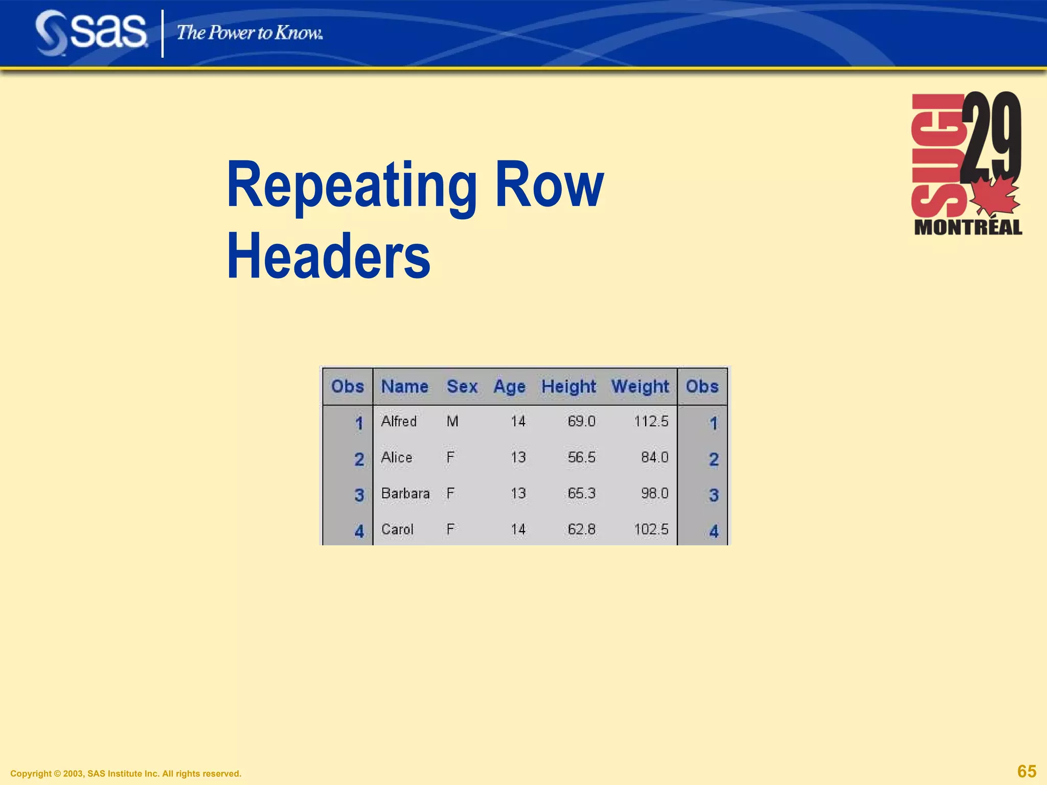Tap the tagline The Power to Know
(x=249, y=33)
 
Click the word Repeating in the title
(x=352, y=185)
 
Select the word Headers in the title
(x=328, y=257)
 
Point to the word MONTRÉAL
(x=968, y=227)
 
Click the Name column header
(x=404, y=386)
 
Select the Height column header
(x=568, y=386)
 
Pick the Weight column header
(x=640, y=386)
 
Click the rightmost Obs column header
(x=702, y=386)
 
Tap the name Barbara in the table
(x=405, y=494)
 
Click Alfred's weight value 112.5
(x=651, y=422)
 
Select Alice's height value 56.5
(x=581, y=457)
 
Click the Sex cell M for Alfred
(x=452, y=422)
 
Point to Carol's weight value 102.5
(x=651, y=529)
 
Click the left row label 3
(x=359, y=495)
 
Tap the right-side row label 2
(x=714, y=459)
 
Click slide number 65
(x=1027, y=771)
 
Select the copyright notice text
(x=126, y=774)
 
